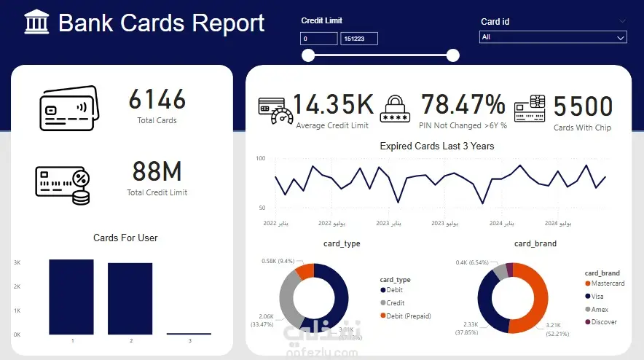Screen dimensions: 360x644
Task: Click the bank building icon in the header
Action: click(36, 23)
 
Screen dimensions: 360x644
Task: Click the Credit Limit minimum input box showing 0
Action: click(318, 38)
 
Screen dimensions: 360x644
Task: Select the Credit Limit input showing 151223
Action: click(360, 38)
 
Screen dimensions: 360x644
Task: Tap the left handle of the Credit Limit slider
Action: click(308, 55)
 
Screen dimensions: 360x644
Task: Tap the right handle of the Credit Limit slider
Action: click(453, 55)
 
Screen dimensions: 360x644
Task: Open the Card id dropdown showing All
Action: click(553, 37)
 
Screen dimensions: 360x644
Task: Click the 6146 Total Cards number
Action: click(157, 100)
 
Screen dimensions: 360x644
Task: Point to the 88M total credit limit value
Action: click(157, 172)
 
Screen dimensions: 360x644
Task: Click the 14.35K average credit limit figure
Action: click(333, 105)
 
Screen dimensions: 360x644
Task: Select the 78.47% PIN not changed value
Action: click(463, 105)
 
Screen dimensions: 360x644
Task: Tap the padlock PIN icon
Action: click(396, 107)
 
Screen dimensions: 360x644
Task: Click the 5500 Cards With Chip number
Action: click(583, 107)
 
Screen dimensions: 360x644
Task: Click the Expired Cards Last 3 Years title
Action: click(437, 146)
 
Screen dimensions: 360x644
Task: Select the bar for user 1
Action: click(71, 297)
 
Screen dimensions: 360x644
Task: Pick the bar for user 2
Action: click(130, 298)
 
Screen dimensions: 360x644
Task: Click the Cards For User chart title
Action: click(125, 238)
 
